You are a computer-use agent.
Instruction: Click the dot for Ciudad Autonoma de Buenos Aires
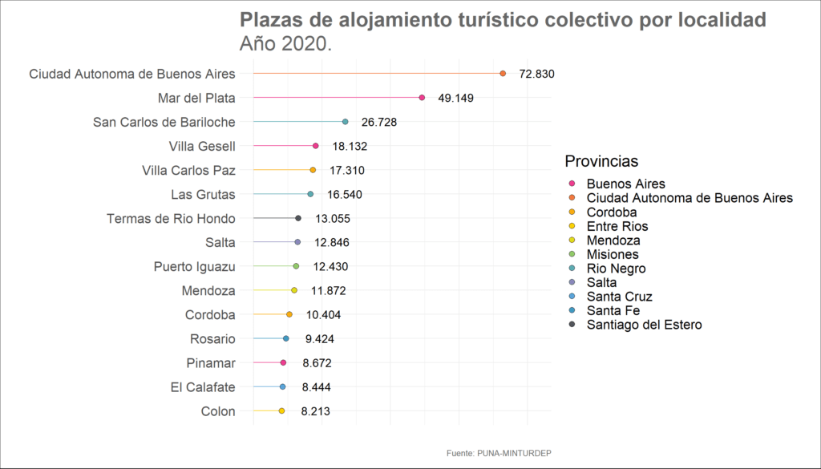[x=503, y=74]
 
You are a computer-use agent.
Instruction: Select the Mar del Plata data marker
[x=422, y=98]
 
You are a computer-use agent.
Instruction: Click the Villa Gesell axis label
[x=202, y=146]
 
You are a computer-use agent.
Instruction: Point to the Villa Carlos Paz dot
[x=313, y=170]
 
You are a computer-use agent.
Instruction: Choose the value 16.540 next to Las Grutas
[x=350, y=194]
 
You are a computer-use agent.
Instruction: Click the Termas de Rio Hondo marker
[x=298, y=218]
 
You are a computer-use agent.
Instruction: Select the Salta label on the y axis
[x=220, y=242]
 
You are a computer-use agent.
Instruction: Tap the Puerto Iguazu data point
[x=296, y=266]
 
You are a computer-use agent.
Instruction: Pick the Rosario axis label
[x=212, y=338]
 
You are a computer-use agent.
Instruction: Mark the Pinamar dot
[x=283, y=363]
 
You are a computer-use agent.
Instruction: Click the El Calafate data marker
[x=282, y=387]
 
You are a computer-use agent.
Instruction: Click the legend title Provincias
[x=601, y=161]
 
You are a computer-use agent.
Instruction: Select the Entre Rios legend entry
[x=617, y=227]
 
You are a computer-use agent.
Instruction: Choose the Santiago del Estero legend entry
[x=644, y=325]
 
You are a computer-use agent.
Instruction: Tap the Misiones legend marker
[x=571, y=255]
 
